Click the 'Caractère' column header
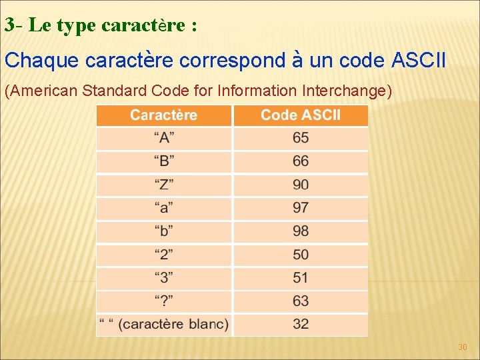[x=164, y=115]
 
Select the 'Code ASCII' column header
[x=300, y=115]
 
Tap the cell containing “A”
[x=165, y=138]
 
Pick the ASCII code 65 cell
[x=301, y=138]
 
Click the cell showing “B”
[x=165, y=161]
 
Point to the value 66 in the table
[x=301, y=161]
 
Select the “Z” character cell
[x=165, y=185]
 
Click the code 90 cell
[x=301, y=185]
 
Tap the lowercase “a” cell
[x=165, y=208]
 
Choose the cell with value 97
[x=301, y=208]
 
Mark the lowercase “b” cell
[x=165, y=231]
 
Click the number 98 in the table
[x=301, y=231]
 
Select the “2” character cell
[x=165, y=255]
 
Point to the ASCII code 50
[x=301, y=255]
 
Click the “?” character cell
[x=165, y=301]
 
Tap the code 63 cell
[x=301, y=301]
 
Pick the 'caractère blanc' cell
[x=164, y=325]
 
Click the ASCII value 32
[x=301, y=325]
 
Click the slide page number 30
[x=463, y=347]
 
